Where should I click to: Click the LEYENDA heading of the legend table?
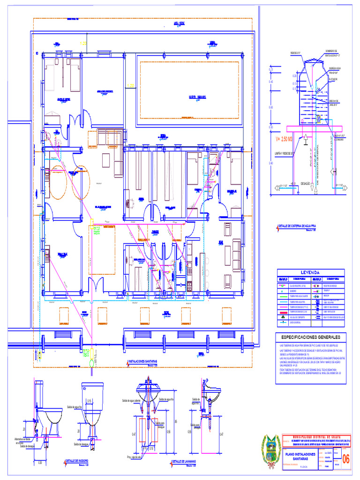[310, 272]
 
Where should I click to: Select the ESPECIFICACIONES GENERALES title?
[310, 337]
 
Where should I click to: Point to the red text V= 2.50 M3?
[284, 139]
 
